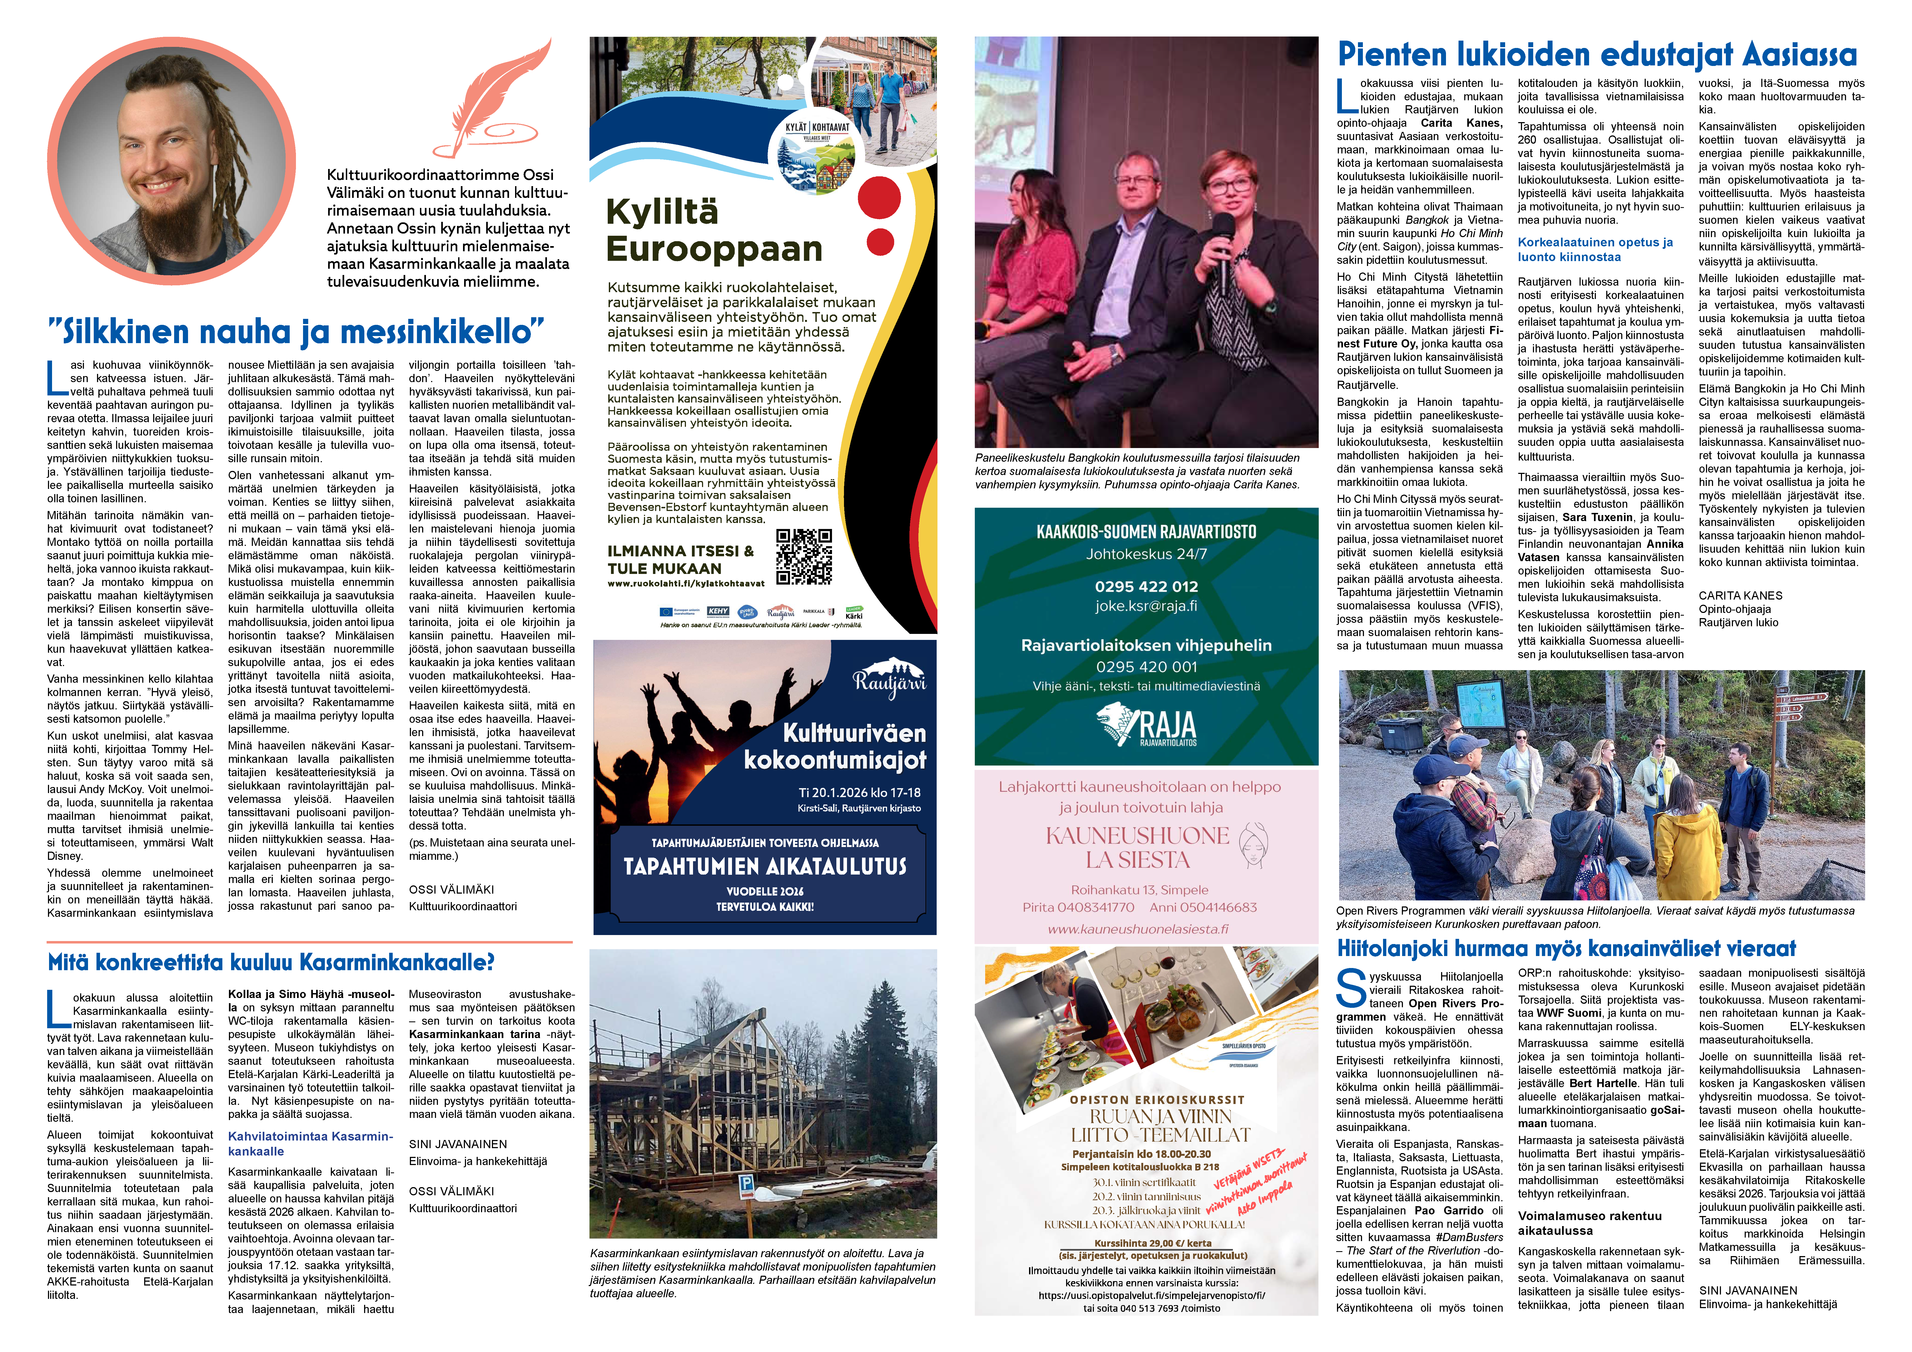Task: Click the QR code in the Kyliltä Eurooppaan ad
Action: pos(804,556)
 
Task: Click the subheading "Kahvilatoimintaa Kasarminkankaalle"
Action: pos(310,1144)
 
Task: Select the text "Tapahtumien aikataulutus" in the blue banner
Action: pos(764,866)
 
